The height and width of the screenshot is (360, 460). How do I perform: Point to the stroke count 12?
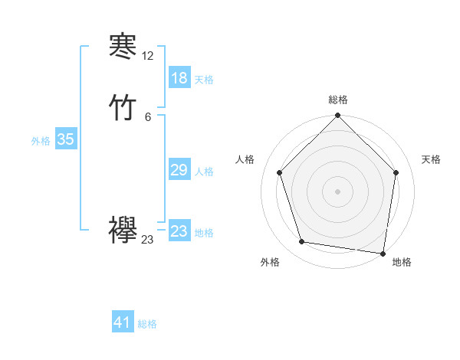pyautogui.click(x=148, y=56)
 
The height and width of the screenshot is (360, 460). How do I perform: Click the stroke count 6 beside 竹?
pyautogui.click(x=148, y=116)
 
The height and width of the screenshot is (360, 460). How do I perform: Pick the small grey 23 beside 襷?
pyautogui.click(x=148, y=240)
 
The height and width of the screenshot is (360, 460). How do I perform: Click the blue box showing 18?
pyautogui.click(x=179, y=78)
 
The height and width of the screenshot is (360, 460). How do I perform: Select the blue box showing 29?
pyautogui.click(x=179, y=170)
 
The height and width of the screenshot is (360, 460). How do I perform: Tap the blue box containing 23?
pyautogui.click(x=179, y=231)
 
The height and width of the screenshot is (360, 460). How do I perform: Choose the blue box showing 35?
pyautogui.click(x=66, y=139)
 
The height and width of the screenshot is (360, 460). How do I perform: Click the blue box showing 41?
pyautogui.click(x=123, y=322)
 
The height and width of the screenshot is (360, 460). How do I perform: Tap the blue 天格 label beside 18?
pyautogui.click(x=204, y=80)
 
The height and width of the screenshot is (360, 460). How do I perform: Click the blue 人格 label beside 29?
pyautogui.click(x=204, y=172)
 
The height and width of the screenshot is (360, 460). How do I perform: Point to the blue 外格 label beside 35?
pyautogui.click(x=41, y=141)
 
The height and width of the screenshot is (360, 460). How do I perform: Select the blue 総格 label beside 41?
pyautogui.click(x=147, y=324)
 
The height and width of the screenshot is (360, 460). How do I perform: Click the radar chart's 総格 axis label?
pyautogui.click(x=337, y=100)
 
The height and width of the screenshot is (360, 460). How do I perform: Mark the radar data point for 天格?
pyautogui.click(x=396, y=172)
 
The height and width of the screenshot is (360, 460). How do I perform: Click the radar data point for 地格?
pyautogui.click(x=383, y=253)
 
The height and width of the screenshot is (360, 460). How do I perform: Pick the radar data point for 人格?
pyautogui.click(x=279, y=172)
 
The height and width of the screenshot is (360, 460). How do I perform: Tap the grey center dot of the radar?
pyautogui.click(x=337, y=191)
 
